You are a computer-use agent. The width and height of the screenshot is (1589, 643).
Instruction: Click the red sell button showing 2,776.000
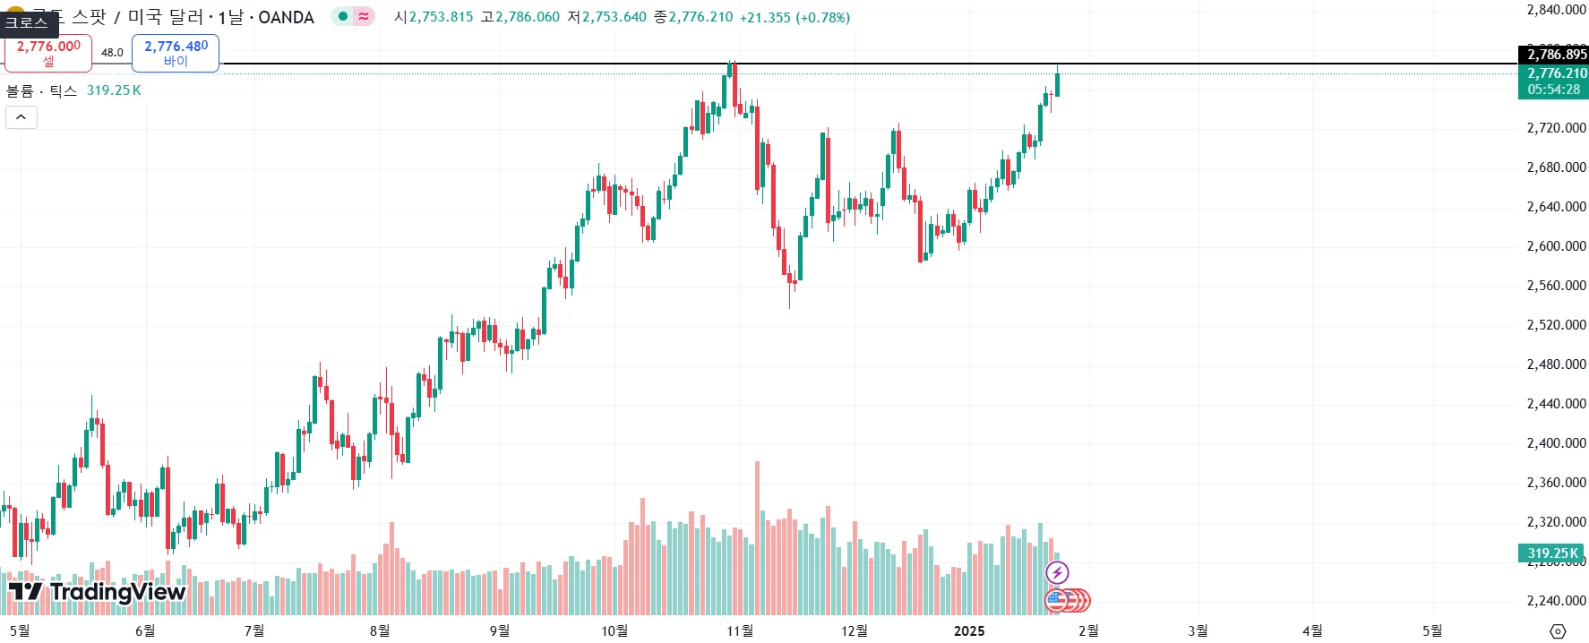point(48,53)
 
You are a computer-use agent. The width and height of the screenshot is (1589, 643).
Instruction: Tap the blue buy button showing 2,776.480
point(176,53)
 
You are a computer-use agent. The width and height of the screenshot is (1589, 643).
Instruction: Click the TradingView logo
point(97,592)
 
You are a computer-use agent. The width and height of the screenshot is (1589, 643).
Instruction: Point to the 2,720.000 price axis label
point(1556,128)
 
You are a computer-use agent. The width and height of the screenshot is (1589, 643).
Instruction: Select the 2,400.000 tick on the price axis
point(1556,443)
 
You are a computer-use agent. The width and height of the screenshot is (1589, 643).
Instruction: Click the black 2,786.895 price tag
point(1556,55)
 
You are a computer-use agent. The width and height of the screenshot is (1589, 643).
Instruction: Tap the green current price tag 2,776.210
point(1556,81)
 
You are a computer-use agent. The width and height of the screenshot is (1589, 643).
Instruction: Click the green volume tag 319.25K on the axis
point(1552,553)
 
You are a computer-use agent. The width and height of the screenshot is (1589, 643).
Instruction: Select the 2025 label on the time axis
point(969,630)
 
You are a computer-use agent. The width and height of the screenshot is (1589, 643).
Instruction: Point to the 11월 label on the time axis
point(740,630)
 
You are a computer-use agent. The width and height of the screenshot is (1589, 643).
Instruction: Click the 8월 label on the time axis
point(380,630)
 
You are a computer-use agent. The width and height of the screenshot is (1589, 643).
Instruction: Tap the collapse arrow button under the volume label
point(21,117)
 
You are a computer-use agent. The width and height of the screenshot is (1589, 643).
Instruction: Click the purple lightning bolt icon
point(1057,572)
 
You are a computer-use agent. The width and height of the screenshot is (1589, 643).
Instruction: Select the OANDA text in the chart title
point(286,17)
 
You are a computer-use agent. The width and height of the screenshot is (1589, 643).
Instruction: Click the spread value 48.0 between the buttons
point(112,53)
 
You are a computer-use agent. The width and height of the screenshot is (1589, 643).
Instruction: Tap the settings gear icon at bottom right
point(1558,631)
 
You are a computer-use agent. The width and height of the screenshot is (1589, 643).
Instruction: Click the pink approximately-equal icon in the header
point(364,16)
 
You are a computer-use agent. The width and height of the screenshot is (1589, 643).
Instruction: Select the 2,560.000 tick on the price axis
point(1556,286)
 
